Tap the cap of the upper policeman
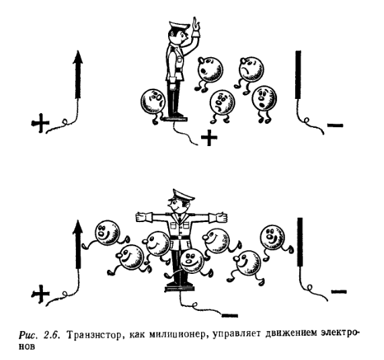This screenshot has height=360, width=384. [x=179, y=26]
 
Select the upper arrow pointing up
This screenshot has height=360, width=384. [x=78, y=75]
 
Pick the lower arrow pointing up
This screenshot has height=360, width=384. [x=78, y=244]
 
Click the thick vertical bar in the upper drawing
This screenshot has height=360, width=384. [x=298, y=75]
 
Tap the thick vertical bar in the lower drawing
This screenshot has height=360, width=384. [x=300, y=242]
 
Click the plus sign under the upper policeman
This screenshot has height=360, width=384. [x=209, y=137]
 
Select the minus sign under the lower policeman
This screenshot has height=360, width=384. [x=229, y=315]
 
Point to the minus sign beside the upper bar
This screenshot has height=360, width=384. [x=336, y=125]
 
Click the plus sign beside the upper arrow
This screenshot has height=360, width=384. [x=40, y=123]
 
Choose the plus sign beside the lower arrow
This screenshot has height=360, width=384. [x=40, y=293]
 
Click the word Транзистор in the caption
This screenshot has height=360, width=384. [x=93, y=334]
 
